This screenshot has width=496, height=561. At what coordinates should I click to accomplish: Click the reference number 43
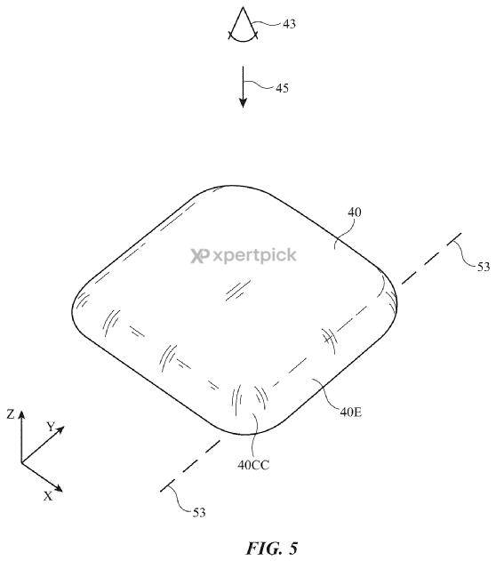[x=289, y=24]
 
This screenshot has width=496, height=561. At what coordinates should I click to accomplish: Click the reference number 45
[x=282, y=88]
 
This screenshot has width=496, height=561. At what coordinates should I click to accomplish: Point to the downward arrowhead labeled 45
[x=244, y=102]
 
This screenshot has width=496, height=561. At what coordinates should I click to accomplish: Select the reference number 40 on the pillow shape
[x=355, y=212]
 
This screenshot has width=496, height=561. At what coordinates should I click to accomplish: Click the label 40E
[x=350, y=413]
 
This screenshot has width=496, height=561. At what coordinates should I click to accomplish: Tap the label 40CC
[x=253, y=465]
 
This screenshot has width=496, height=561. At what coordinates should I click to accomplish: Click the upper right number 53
[x=484, y=267]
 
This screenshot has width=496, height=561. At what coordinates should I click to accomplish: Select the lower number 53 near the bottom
[x=199, y=513]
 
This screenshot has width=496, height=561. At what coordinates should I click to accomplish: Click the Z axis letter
[x=11, y=414]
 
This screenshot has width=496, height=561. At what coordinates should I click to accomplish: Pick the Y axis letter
[x=51, y=427]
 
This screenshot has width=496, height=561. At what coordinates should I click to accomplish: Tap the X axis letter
[x=48, y=496]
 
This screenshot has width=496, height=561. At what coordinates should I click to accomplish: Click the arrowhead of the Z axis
[x=21, y=414]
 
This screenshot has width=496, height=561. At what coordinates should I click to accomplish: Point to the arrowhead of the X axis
[x=59, y=488]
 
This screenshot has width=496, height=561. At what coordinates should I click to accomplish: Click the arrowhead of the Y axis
[x=60, y=429]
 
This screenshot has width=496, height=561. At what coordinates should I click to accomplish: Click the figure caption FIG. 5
[x=272, y=549]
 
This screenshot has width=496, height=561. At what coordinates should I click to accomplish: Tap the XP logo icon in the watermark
[x=199, y=256]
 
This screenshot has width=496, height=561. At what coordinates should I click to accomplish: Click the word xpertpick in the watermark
[x=254, y=256]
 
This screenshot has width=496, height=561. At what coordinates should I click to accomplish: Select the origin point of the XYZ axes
[x=21, y=462]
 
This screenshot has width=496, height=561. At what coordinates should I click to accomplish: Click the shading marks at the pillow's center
[x=238, y=290]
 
